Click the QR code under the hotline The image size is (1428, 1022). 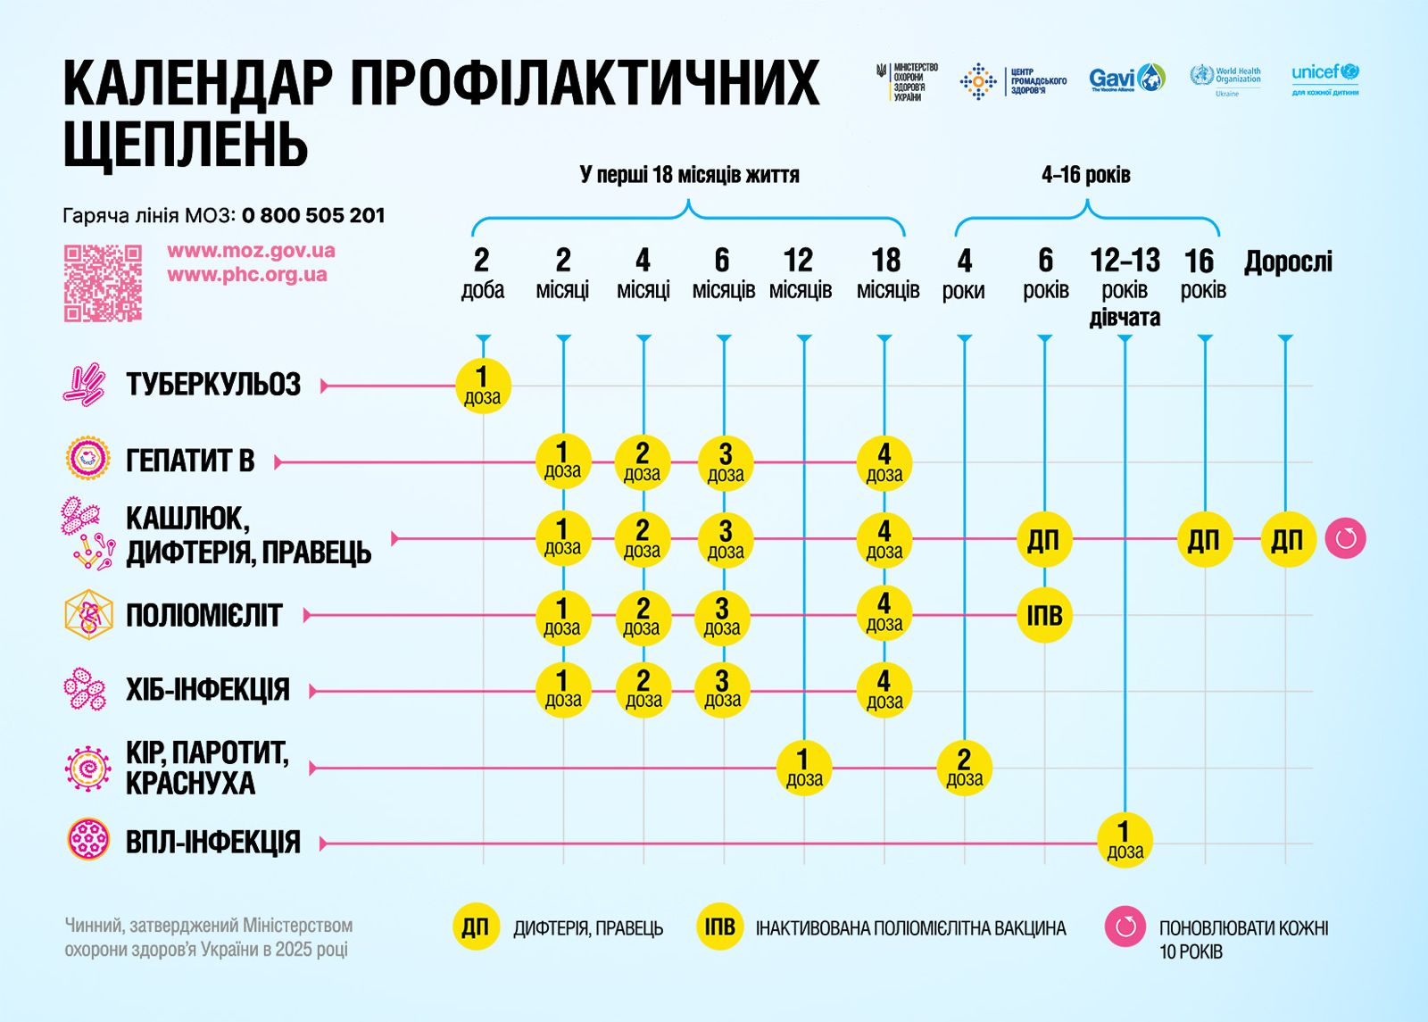[x=103, y=283]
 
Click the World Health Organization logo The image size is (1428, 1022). [x=1226, y=79]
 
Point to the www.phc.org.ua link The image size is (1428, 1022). [x=247, y=275]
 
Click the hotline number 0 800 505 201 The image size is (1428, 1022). [x=313, y=215]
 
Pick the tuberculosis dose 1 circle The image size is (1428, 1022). [x=483, y=386]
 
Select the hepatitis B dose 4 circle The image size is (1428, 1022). [x=884, y=462]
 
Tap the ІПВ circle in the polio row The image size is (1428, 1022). [x=1044, y=615]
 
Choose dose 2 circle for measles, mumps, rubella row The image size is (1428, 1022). [x=964, y=768]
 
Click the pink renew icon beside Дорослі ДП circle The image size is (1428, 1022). [x=1345, y=539]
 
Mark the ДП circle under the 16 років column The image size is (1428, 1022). [x=1204, y=539]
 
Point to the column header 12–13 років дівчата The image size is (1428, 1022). [x=1125, y=288]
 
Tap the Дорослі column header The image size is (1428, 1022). [x=1288, y=262]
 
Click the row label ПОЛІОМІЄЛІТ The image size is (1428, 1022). [x=203, y=616]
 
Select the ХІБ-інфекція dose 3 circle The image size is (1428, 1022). [x=723, y=690]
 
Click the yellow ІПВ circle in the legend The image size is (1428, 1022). [x=719, y=927]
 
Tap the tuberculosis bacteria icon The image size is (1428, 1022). [x=85, y=385]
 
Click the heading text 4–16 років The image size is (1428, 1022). [x=1085, y=174]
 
